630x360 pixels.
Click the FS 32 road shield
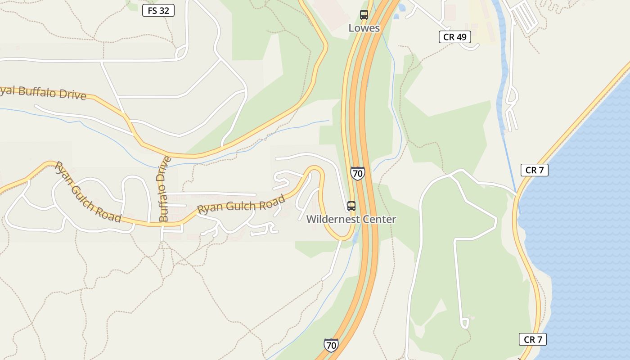click(158, 10)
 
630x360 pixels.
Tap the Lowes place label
click(364, 28)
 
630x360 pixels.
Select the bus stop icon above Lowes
click(364, 15)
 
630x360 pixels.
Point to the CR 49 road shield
click(454, 37)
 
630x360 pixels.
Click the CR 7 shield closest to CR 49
click(534, 170)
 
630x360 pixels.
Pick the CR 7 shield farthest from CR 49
click(533, 339)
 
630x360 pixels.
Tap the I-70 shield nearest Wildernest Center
click(358, 173)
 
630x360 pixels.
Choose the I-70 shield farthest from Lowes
click(331, 345)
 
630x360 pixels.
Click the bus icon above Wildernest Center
click(351, 206)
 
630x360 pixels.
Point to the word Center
click(380, 220)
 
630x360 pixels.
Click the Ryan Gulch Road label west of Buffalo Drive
click(87, 192)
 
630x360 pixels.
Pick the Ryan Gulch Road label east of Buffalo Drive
click(241, 205)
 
